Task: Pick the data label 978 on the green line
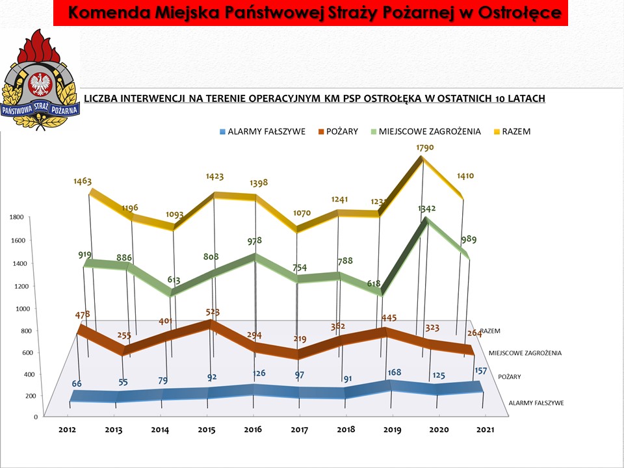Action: click(x=255, y=241)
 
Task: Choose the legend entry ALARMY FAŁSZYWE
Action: click(x=266, y=131)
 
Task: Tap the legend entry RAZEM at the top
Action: click(x=516, y=131)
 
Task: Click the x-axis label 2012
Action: click(x=67, y=430)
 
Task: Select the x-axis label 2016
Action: click(x=253, y=430)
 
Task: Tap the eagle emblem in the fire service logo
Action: click(x=40, y=84)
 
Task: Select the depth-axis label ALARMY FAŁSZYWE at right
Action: click(x=536, y=403)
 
